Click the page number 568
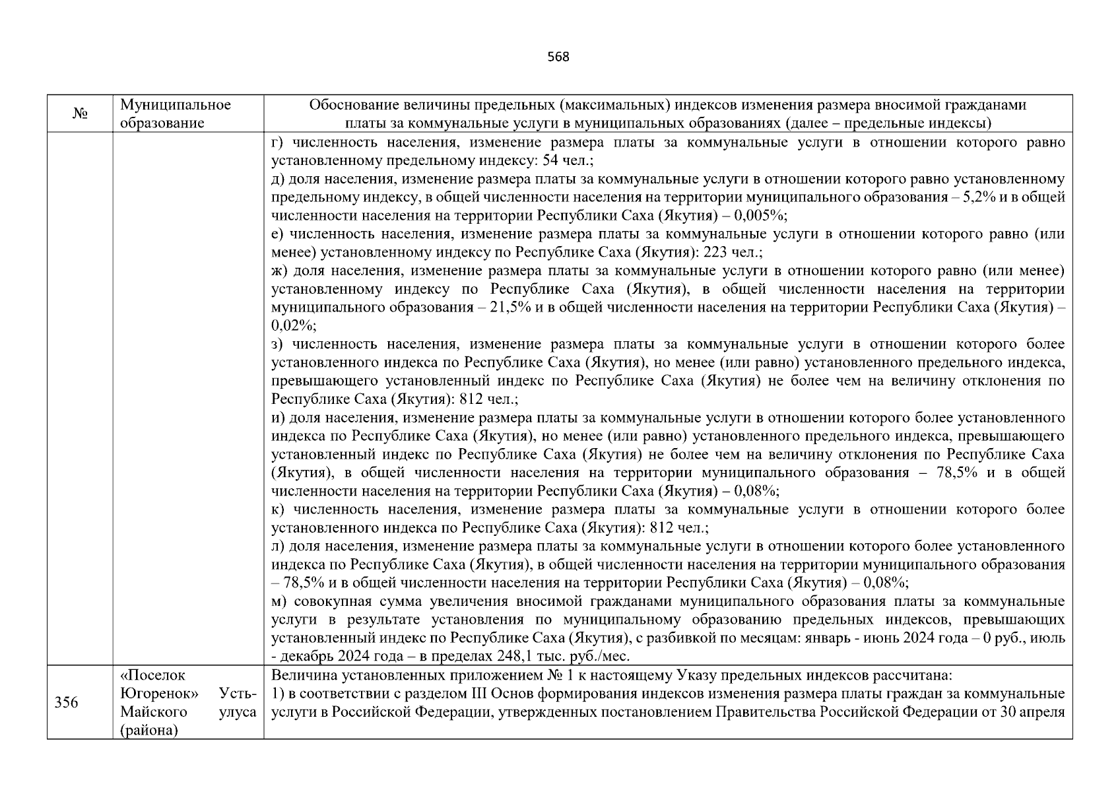558,57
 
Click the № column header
80,114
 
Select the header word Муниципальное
176,105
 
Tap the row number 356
66,702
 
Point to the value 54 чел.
568,161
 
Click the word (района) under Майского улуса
149,731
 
